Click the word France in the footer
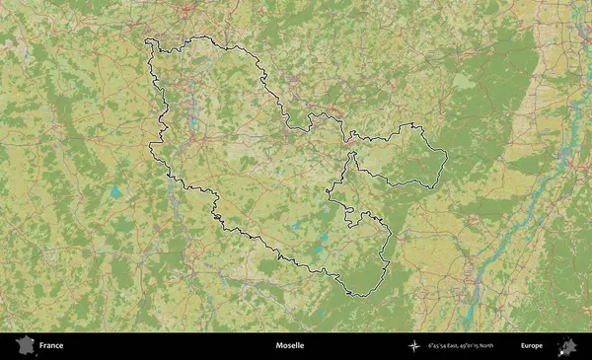point(51,346)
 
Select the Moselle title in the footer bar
point(290,346)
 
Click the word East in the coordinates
point(457,346)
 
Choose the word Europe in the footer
point(532,346)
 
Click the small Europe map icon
point(567,346)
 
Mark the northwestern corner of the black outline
point(147,41)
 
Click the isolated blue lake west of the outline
point(116,191)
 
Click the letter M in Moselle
point(279,346)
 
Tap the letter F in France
point(41,346)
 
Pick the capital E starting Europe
point(523,346)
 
